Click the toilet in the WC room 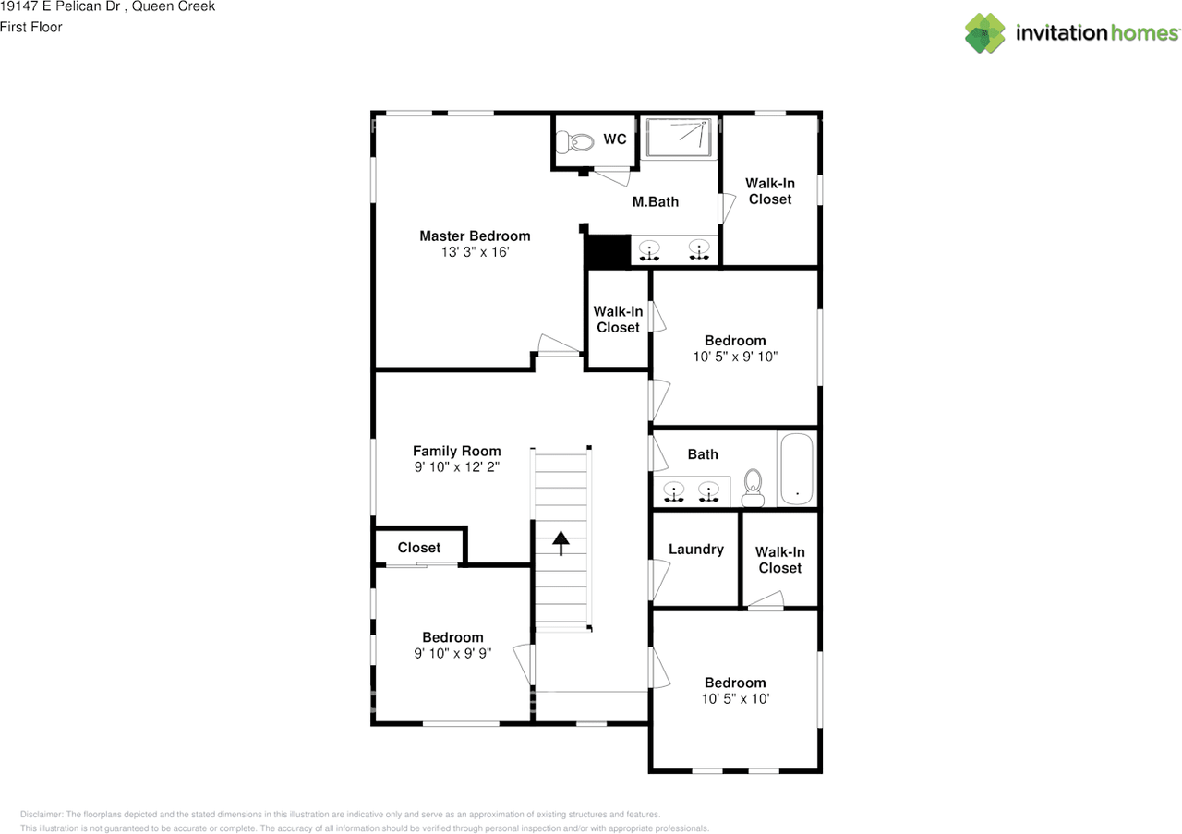575,142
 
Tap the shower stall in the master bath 679,138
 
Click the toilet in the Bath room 753,488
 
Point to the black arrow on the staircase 561,543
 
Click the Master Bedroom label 475,236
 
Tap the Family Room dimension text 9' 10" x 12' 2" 457,466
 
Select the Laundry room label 696,550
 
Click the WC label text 615,139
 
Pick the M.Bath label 656,201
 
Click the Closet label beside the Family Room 419,548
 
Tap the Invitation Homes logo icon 984,33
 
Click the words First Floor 31,27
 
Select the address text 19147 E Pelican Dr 60,6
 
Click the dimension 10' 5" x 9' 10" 735,357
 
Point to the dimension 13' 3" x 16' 475,252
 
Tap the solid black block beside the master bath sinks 608,250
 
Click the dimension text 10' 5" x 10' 735,699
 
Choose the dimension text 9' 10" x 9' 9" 452,653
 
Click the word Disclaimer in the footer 42,815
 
